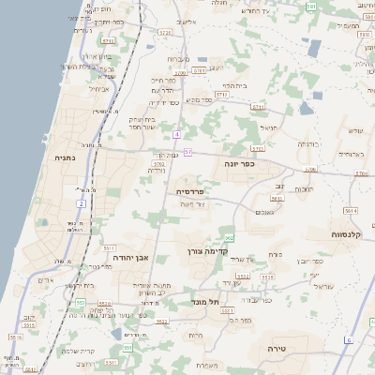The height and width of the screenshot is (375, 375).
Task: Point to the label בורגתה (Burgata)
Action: pyautogui.click(x=308, y=144)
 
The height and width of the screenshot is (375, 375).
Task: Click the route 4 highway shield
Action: pyautogui.click(x=175, y=134)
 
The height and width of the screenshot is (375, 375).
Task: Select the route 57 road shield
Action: pyautogui.click(x=188, y=151)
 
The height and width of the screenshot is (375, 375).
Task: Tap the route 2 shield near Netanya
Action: pyautogui.click(x=82, y=202)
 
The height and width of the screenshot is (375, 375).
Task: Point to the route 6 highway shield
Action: pyautogui.click(x=348, y=340)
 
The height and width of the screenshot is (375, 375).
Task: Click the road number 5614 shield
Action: pyautogui.click(x=351, y=211)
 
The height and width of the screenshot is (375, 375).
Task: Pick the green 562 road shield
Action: pyautogui.click(x=229, y=239)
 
